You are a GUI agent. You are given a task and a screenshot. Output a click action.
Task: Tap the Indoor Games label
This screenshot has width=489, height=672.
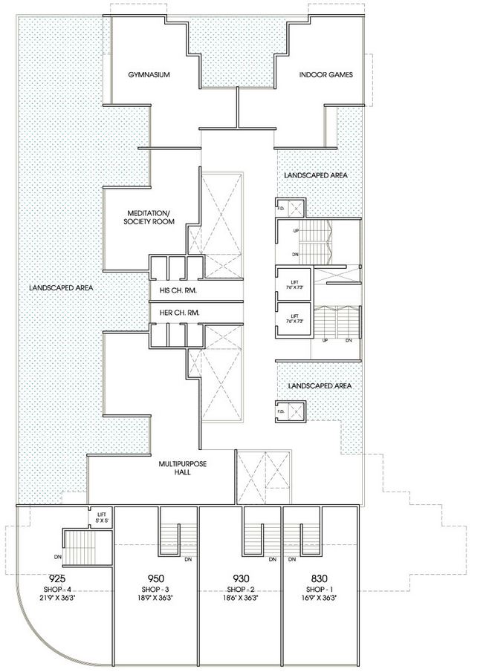click(x=326, y=75)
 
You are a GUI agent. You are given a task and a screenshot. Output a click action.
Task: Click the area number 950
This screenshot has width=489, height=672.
click(x=155, y=579)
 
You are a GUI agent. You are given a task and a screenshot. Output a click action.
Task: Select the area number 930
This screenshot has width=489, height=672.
click(x=241, y=579)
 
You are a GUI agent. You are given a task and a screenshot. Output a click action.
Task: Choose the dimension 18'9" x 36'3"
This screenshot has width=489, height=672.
click(x=155, y=598)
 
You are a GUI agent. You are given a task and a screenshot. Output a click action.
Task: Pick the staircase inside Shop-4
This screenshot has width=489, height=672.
click(x=78, y=547)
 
